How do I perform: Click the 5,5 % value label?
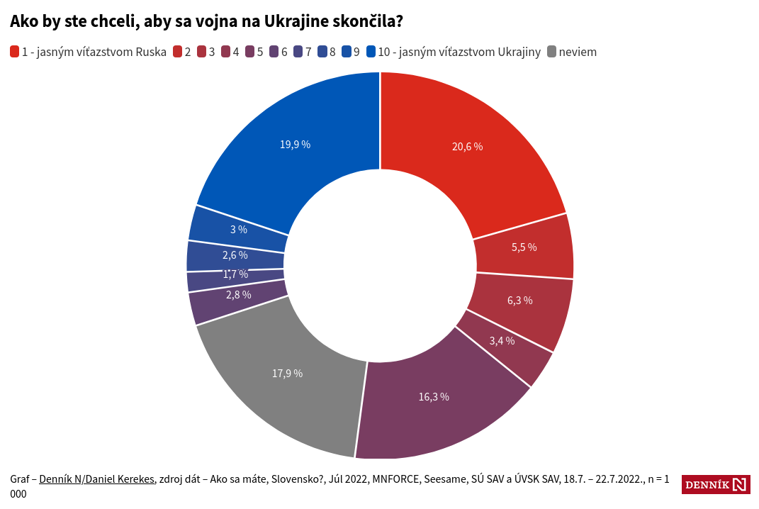[x=524, y=247]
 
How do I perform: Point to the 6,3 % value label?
[x=519, y=300]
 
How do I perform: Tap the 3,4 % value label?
[x=502, y=340]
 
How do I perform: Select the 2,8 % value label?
[x=238, y=294]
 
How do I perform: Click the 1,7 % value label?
[x=235, y=274]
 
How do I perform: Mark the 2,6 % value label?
[x=235, y=254]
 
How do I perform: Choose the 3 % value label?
[x=238, y=229]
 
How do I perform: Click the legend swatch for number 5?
[x=249, y=52]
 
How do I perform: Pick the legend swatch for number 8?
[x=322, y=52]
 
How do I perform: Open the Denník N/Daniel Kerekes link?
[x=96, y=479]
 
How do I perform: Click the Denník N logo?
[x=716, y=485]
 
